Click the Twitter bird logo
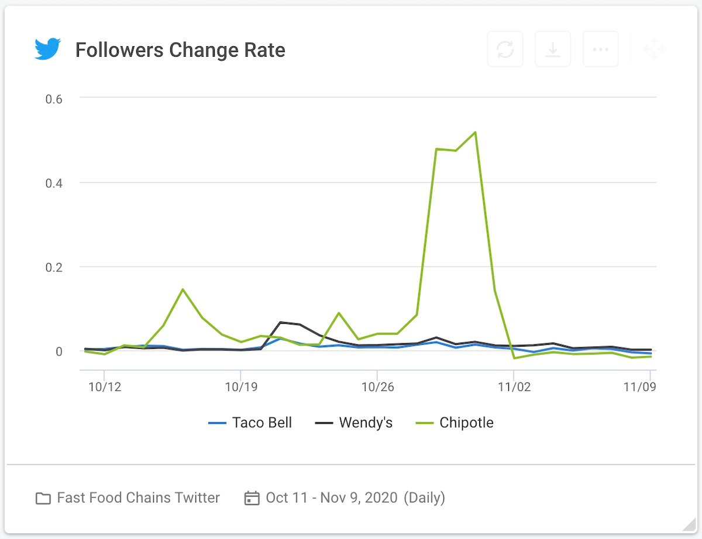point(47,50)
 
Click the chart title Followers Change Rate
point(180,50)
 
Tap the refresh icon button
point(505,49)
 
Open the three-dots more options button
point(600,49)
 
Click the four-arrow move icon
point(653,49)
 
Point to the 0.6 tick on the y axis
point(54,99)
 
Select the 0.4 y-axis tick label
point(54,183)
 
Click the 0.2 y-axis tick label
point(54,267)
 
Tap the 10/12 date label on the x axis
point(104,387)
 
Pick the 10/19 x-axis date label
point(240,387)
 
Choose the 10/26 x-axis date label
point(377,387)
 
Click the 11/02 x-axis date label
point(514,387)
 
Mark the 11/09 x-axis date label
point(638,387)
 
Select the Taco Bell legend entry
point(250,423)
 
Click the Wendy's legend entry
point(354,423)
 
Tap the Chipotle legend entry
point(455,423)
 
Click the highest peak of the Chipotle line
point(475,132)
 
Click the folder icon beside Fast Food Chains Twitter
point(43,498)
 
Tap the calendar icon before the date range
point(252,498)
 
